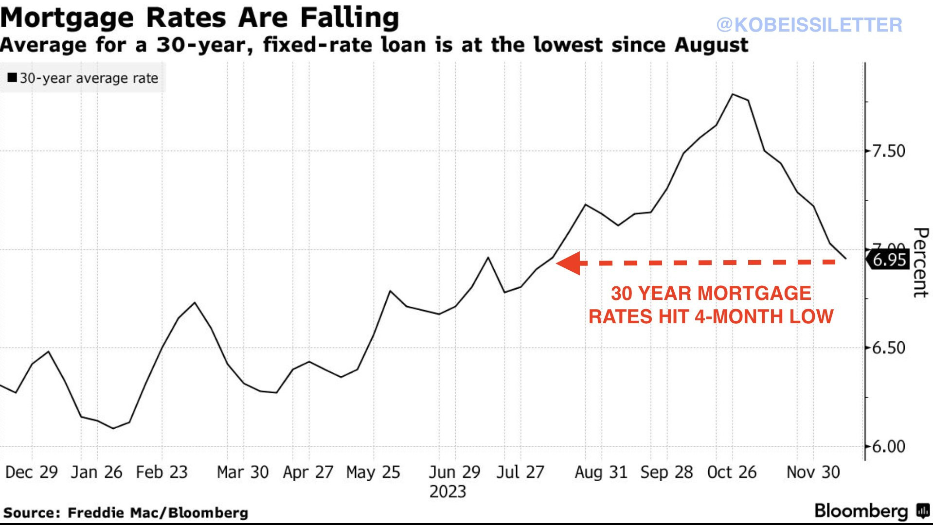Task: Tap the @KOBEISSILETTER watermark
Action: [x=809, y=25]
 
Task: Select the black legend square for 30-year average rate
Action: [x=12, y=78]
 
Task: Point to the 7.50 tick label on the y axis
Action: [x=888, y=151]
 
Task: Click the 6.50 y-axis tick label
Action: [x=888, y=348]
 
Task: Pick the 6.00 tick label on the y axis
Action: [x=888, y=447]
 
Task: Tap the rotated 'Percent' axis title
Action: [x=920, y=262]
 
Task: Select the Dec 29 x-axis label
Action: [x=32, y=472]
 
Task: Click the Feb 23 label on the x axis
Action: [x=161, y=472]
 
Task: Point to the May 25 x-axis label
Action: [x=373, y=472]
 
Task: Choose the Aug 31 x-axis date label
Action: [x=601, y=472]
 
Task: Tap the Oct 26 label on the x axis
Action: [x=732, y=472]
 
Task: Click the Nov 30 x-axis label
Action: [x=813, y=472]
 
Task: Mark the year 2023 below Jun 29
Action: [x=448, y=491]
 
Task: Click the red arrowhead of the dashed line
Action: [x=568, y=263]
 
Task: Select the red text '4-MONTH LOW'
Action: [x=764, y=317]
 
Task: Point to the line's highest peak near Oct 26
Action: [x=733, y=94]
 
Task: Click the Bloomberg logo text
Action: [x=861, y=511]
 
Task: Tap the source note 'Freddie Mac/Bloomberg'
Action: [x=158, y=513]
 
